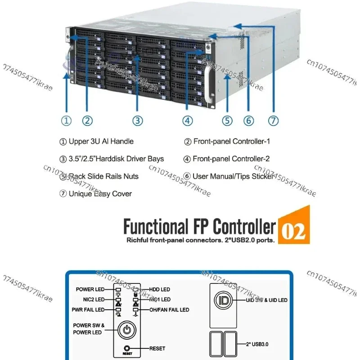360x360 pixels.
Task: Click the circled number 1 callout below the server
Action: coord(66,121)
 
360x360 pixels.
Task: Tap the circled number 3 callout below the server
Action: coord(137,121)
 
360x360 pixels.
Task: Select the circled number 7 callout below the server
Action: coord(274,121)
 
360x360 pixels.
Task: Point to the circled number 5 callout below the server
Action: coord(227,121)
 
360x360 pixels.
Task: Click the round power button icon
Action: coord(127,330)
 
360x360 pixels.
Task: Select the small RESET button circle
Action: coord(127,348)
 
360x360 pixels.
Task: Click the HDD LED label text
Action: coord(160,289)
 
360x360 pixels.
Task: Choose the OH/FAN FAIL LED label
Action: coord(169,310)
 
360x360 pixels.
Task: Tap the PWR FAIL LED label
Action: coord(88,310)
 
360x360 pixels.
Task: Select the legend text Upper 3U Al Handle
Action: coord(101,141)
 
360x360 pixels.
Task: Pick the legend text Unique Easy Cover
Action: coord(100,193)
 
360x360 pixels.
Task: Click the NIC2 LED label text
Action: coord(94,299)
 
